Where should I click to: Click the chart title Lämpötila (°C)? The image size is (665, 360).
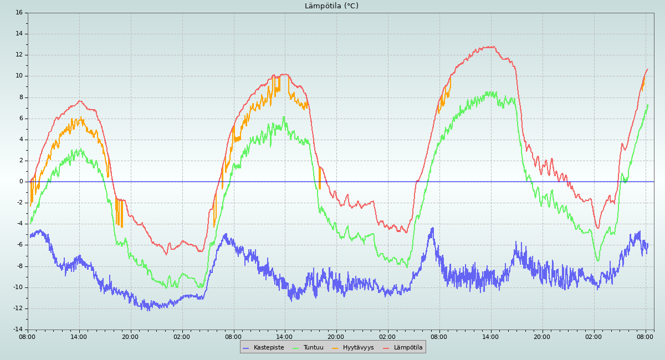tap(331, 6)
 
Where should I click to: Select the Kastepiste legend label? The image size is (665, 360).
tap(269, 348)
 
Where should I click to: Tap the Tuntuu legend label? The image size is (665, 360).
tap(313, 348)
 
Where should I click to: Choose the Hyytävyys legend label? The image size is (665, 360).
tap(358, 348)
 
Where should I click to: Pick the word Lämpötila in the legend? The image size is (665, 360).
tap(408, 348)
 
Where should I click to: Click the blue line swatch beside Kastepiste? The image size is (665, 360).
tap(247, 348)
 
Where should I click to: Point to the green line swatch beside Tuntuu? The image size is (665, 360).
tap(296, 348)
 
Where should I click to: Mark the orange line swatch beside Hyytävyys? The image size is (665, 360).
tap(336, 348)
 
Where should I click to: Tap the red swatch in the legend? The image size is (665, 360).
tap(387, 348)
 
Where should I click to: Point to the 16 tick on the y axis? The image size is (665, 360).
tap(19, 12)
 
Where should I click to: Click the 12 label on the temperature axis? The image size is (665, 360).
tap(19, 55)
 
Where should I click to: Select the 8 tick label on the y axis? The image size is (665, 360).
tap(21, 97)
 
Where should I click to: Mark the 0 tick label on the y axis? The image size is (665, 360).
tap(21, 182)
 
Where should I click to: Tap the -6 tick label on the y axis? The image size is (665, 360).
tap(19, 245)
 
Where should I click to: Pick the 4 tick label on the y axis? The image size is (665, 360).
tap(21, 139)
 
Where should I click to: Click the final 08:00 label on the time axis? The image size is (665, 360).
tap(645, 336)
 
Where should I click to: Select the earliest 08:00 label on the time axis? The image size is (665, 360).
tap(27, 336)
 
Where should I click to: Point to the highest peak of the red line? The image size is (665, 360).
tap(490, 47)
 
